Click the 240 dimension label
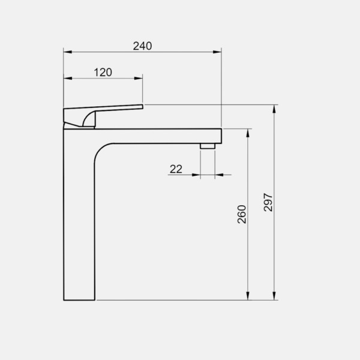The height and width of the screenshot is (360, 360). [142, 46]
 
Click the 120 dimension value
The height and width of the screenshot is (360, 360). [103, 73]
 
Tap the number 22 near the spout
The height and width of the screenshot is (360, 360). [176, 169]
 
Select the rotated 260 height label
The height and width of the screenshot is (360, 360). [242, 214]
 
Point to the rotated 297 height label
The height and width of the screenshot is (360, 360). [268, 202]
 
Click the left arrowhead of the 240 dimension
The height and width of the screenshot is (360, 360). [68, 52]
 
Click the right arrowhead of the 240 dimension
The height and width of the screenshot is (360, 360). [217, 52]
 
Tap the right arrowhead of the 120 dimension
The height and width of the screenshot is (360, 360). [138, 78]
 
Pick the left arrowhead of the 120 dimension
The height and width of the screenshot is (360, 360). [68, 78]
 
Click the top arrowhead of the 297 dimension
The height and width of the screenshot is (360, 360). [274, 109]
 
